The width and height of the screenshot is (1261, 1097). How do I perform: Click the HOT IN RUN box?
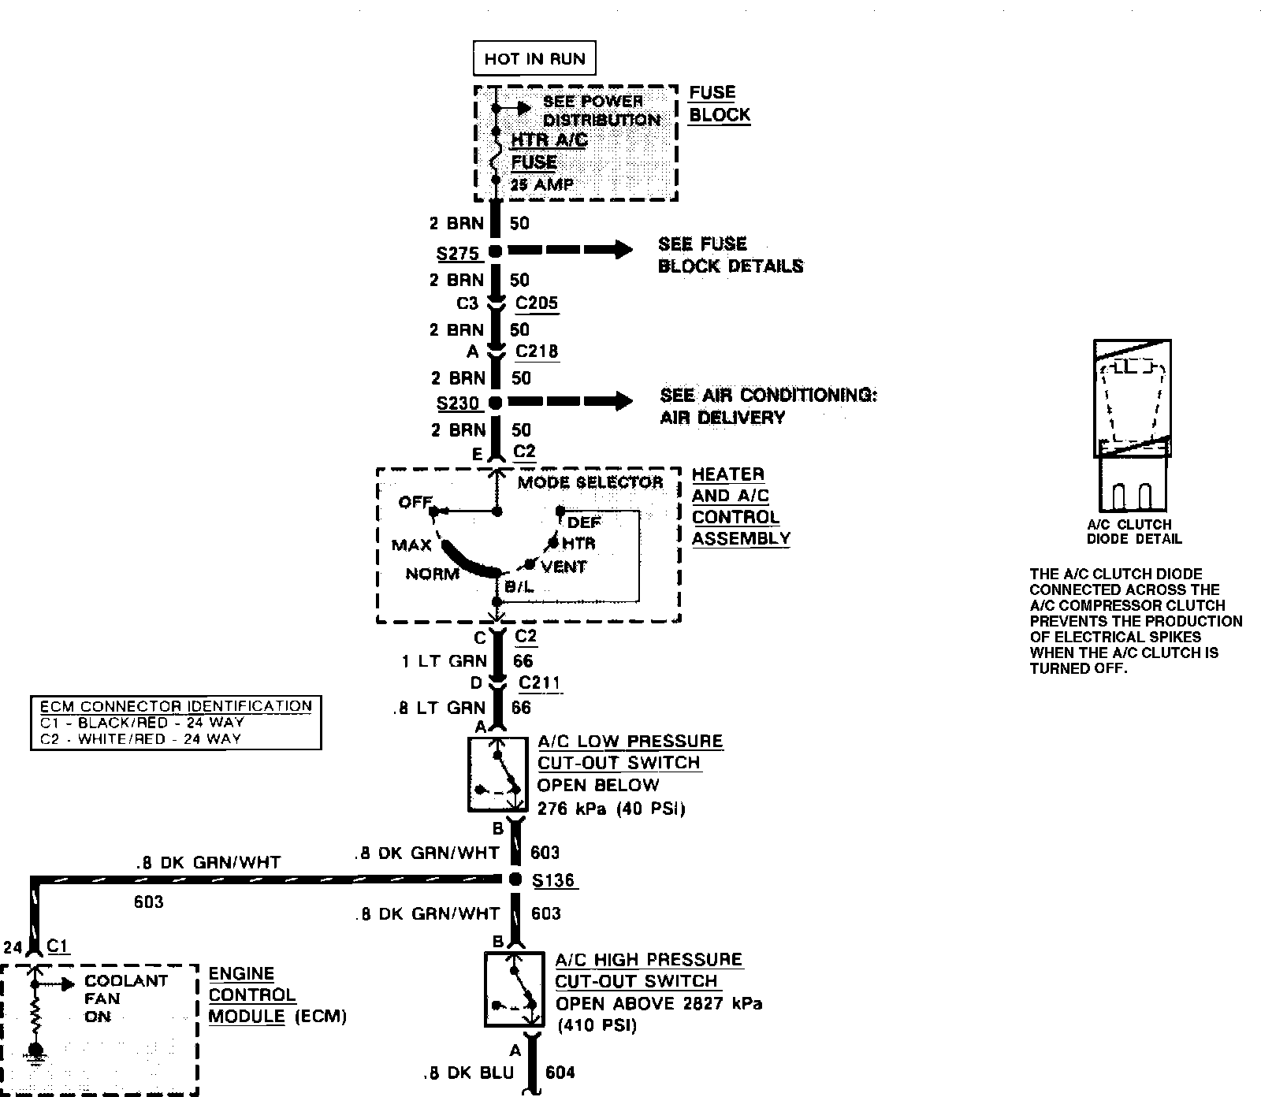(534, 58)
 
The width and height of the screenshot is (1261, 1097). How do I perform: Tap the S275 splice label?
(458, 254)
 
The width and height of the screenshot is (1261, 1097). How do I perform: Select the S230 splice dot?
(495, 403)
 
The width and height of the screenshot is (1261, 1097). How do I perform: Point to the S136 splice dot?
(515, 879)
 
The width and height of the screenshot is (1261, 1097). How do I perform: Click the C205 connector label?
(537, 303)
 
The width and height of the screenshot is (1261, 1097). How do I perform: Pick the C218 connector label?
(537, 351)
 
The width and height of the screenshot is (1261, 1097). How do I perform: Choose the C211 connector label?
(540, 682)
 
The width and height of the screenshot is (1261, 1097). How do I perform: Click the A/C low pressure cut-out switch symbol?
(498, 775)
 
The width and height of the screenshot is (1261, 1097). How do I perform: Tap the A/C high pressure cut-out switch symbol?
(514, 989)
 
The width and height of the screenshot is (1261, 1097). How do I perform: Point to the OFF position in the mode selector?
(415, 502)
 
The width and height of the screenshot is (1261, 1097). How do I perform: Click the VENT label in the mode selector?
(564, 567)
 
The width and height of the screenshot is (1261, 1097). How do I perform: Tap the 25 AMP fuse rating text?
(542, 185)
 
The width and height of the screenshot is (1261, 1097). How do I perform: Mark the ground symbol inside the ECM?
(35, 1053)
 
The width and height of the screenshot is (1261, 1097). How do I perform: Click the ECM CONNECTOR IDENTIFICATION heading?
(176, 706)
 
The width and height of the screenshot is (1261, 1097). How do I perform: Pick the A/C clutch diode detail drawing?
(1133, 426)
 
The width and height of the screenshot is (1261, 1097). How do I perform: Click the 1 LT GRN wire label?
(444, 661)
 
